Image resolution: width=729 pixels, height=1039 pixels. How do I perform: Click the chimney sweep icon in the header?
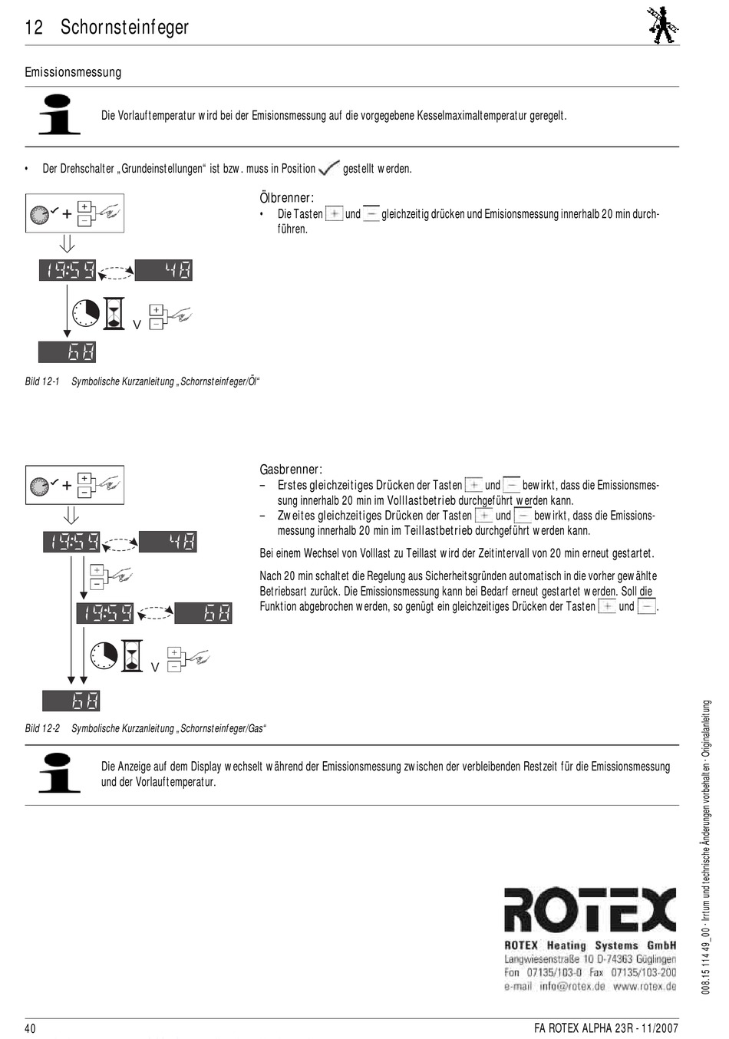point(662,25)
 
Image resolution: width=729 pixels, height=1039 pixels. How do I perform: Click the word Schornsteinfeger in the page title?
point(124,28)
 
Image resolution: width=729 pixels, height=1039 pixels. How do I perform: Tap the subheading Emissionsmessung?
point(73,72)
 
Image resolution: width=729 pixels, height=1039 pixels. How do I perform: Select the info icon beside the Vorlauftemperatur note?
point(59,114)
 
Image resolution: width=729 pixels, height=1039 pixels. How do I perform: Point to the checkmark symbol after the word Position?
point(329,167)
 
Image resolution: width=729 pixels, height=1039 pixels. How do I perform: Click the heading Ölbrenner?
point(286,198)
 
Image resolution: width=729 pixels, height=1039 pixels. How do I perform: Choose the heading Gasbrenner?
point(291,470)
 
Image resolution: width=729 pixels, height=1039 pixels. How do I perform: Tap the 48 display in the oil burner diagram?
point(163,270)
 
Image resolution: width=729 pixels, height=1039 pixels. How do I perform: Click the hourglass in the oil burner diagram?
point(114,313)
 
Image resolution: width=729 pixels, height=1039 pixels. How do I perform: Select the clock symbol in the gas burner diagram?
point(104,655)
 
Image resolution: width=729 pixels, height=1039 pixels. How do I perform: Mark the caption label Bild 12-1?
point(42,381)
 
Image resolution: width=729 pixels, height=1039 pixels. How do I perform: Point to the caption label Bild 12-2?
point(42,728)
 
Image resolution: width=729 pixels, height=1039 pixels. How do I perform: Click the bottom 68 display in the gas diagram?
point(71,701)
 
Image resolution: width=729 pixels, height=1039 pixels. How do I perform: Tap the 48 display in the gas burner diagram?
point(167,542)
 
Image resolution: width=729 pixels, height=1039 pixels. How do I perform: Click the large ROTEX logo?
point(589,911)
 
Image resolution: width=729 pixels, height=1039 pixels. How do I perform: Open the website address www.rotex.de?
point(644,986)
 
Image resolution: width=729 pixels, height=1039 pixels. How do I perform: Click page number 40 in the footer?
point(31,1028)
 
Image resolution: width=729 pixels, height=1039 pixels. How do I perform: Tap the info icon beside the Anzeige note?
point(59,773)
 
